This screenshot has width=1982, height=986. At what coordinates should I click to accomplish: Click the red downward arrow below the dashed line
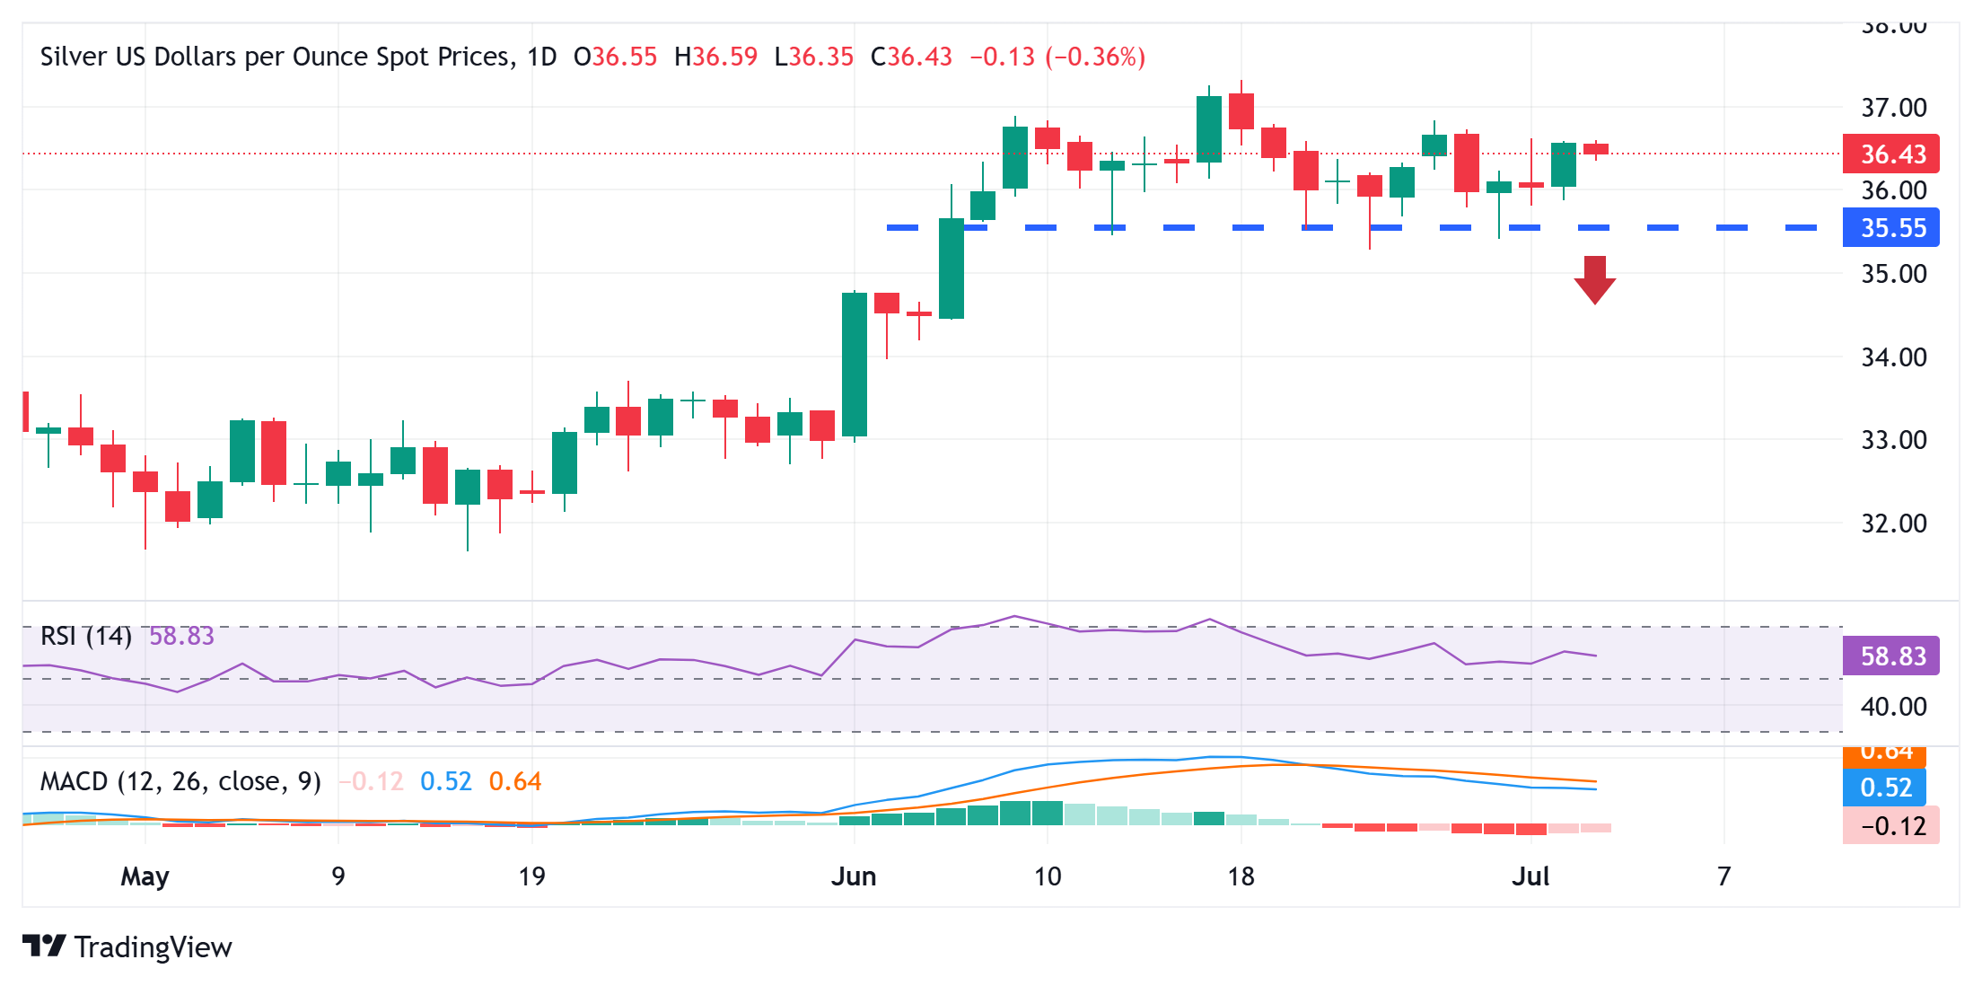pyautogui.click(x=1594, y=279)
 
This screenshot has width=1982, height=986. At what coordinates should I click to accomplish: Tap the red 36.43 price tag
pyautogui.click(x=1890, y=154)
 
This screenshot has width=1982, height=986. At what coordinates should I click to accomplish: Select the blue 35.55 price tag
pyautogui.click(x=1890, y=228)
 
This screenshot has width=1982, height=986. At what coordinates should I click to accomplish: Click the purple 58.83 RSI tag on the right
pyautogui.click(x=1890, y=656)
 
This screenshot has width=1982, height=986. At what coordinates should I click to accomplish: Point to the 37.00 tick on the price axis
pyautogui.click(x=1893, y=108)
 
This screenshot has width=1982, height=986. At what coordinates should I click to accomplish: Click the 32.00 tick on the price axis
pyautogui.click(x=1893, y=524)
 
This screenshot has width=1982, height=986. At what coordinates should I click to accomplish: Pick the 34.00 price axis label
pyautogui.click(x=1893, y=357)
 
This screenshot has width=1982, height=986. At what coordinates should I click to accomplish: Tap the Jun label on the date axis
pyautogui.click(x=853, y=876)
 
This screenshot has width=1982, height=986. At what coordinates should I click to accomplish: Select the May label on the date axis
pyautogui.click(x=145, y=876)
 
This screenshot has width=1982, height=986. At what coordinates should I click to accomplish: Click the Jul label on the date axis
pyautogui.click(x=1530, y=876)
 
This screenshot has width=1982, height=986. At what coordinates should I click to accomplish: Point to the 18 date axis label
pyautogui.click(x=1241, y=876)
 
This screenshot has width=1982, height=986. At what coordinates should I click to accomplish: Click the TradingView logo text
pyautogui.click(x=153, y=947)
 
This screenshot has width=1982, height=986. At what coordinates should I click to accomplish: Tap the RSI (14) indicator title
pyautogui.click(x=86, y=637)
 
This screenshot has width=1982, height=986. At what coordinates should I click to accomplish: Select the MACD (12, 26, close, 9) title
pyautogui.click(x=180, y=782)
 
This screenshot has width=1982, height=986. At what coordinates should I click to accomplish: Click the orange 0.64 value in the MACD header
pyautogui.click(x=515, y=782)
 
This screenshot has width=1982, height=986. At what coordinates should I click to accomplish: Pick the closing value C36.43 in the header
pyautogui.click(x=911, y=57)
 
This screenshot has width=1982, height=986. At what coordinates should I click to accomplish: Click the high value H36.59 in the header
pyautogui.click(x=715, y=57)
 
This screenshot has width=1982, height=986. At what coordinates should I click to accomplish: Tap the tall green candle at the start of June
pyautogui.click(x=855, y=365)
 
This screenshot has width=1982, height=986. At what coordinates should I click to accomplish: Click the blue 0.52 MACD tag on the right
pyautogui.click(x=1884, y=788)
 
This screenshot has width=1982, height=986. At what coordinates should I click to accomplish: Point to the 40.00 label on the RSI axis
pyautogui.click(x=1893, y=708)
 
